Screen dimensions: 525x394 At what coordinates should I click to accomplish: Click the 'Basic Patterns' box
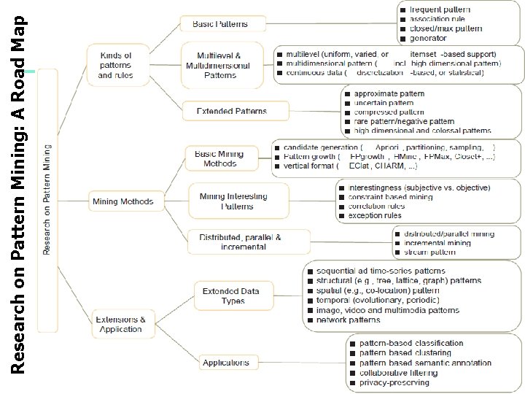219,24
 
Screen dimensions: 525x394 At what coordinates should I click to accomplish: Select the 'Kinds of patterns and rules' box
115,65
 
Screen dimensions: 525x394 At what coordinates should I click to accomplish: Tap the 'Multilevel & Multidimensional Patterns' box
223,65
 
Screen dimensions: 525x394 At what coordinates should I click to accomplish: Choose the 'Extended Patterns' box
232,112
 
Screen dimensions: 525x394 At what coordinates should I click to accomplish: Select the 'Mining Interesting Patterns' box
233,201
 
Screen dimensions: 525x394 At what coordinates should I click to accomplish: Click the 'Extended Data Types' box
230,296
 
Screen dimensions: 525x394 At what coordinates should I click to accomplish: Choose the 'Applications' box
226,362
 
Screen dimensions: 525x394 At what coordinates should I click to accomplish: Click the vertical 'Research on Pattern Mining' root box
47,201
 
